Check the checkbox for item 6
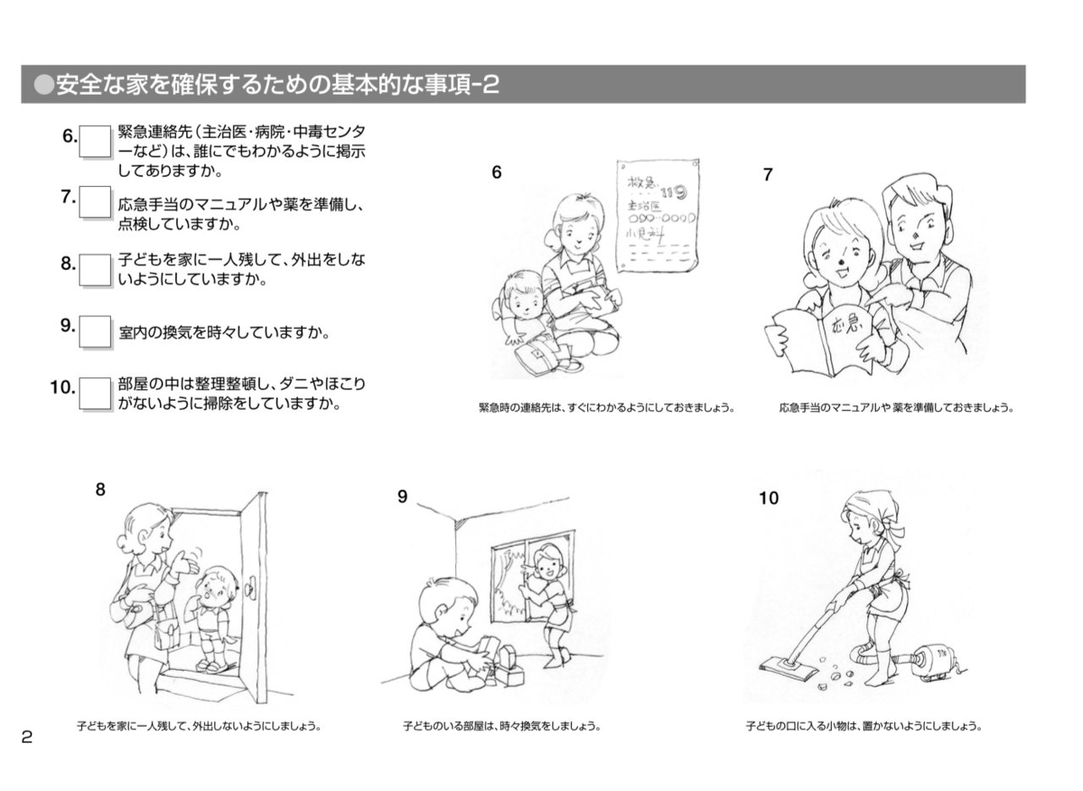click(x=95, y=141)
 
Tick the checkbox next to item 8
click(x=95, y=270)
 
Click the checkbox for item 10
click(x=95, y=393)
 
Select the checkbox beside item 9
click(x=95, y=332)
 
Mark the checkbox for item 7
click(x=95, y=202)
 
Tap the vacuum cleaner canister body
click(x=931, y=660)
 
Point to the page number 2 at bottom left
click(x=26, y=737)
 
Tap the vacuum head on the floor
click(x=788, y=670)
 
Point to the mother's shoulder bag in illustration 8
click(x=166, y=630)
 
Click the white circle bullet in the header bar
click(x=43, y=85)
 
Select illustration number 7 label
click(x=767, y=174)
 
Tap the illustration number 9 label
click(x=402, y=497)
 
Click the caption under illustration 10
click(x=864, y=726)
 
